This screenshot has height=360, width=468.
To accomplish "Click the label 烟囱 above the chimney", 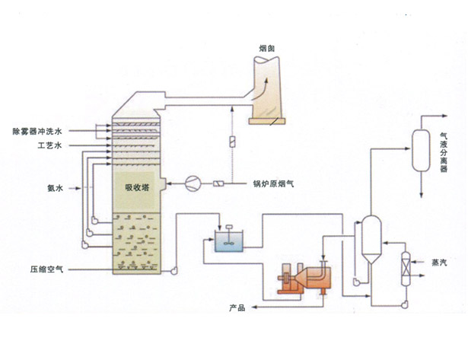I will point(267,48).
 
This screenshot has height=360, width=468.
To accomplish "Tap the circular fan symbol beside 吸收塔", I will point(193,183).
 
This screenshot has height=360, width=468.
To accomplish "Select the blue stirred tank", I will point(228,241).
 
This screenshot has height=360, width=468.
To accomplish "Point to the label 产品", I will point(237,308).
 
